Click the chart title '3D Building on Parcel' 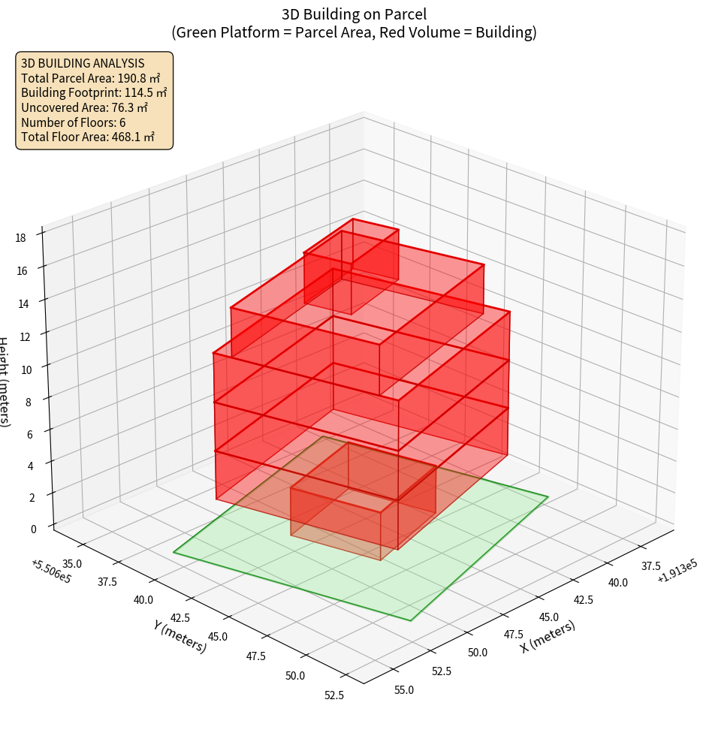(354, 14)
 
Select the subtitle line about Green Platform (354, 32)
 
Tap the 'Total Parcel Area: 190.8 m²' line (91, 77)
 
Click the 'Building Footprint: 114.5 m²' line (94, 92)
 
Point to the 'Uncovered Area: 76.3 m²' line (86, 107)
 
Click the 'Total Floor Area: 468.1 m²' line (88, 137)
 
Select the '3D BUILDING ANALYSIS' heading (83, 63)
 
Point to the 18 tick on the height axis (20, 238)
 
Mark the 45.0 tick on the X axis (548, 616)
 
